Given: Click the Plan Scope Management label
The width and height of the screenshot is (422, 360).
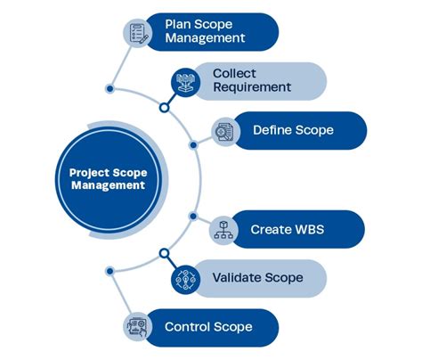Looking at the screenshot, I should coord(205,31).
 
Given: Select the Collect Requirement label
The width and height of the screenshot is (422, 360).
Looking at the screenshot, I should coord(252,80).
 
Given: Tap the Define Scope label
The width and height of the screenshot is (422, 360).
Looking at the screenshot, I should coord(293,130).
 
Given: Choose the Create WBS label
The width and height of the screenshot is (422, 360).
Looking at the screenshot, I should coord(288,229).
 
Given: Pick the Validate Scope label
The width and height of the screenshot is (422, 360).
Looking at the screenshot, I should coord(257,278).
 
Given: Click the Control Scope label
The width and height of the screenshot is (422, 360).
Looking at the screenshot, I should coord(208,327).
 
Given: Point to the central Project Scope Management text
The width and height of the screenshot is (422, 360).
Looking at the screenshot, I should coord(108,178).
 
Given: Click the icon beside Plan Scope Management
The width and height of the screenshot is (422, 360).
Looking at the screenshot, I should coord(137,32).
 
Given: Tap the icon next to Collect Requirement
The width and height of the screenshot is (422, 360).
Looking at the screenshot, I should coord(186,81).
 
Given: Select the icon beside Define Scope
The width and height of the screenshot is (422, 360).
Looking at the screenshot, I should coord(224,131).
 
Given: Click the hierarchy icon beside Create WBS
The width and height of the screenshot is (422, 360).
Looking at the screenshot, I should coord(224,230).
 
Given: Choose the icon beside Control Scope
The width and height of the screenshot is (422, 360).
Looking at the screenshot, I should coord(137,327).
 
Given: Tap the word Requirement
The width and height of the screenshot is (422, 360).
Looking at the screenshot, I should coord(252,87).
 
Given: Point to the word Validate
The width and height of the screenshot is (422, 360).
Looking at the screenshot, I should coord(236,278).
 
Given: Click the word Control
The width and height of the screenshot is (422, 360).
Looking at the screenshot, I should coord(187,327).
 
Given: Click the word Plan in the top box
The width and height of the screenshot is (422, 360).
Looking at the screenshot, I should coord(179,24).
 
